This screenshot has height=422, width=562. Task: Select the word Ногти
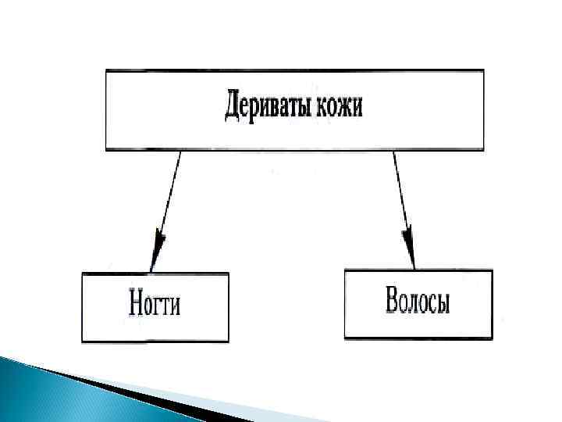click(x=154, y=304)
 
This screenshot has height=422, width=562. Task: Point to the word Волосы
click(x=418, y=302)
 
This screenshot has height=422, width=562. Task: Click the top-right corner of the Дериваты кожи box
click(x=483, y=70)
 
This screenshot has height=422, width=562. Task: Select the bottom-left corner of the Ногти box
click(x=82, y=342)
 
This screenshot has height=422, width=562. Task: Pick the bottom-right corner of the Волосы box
click(x=493, y=338)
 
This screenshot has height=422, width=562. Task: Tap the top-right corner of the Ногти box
click(x=229, y=273)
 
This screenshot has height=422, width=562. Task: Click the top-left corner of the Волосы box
click(x=344, y=270)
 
